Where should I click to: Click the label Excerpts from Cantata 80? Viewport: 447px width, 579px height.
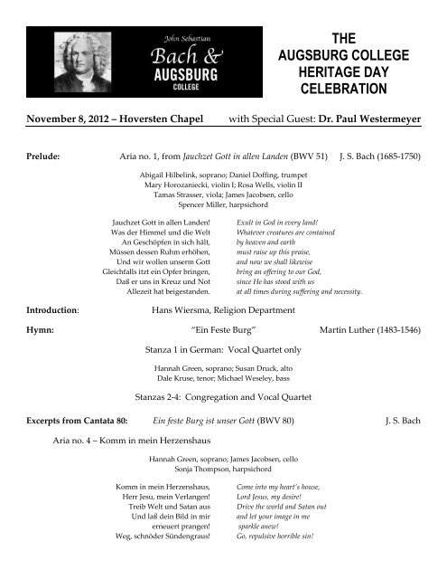coord(83,419)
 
